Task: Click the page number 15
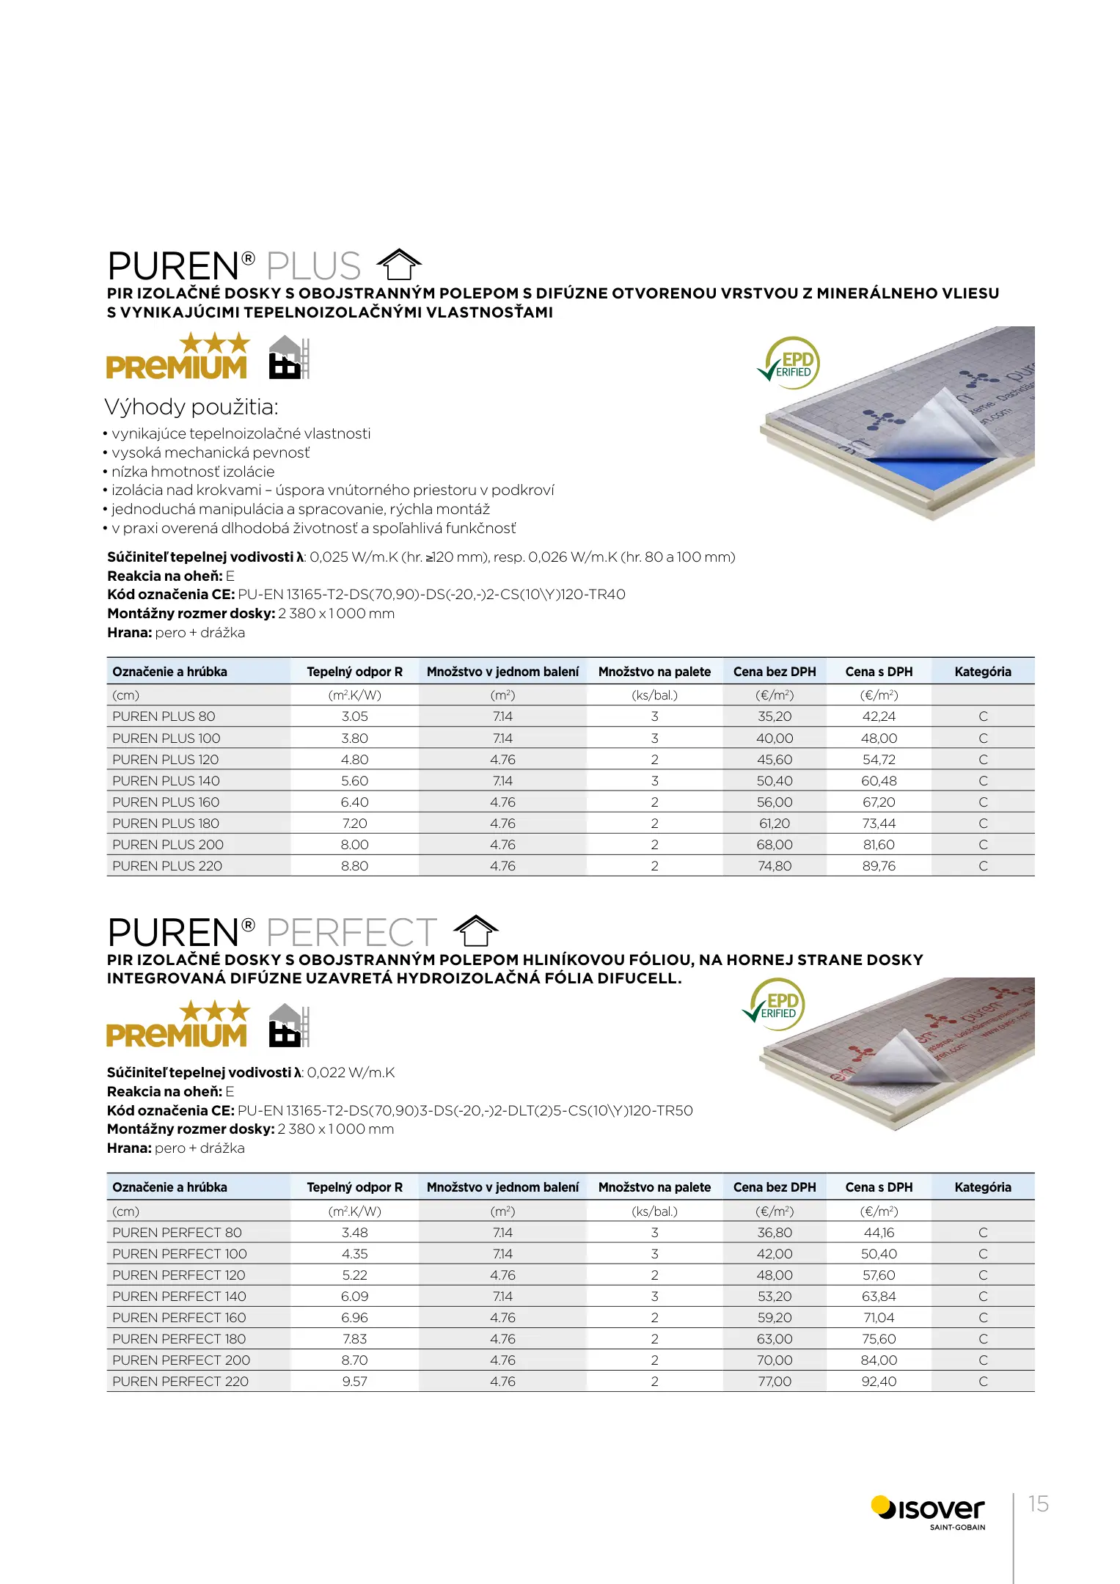click(1038, 1503)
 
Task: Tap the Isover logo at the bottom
click(929, 1511)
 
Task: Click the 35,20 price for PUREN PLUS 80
click(775, 716)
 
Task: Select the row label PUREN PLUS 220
click(167, 866)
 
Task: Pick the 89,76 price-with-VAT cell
click(879, 866)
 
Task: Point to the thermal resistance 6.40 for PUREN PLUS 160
click(354, 802)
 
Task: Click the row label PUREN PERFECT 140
click(179, 1297)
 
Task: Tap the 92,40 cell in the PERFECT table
click(879, 1382)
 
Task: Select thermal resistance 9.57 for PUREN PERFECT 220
click(354, 1382)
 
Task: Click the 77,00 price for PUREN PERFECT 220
click(775, 1382)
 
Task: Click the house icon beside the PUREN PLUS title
click(399, 265)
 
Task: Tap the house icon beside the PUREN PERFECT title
click(476, 931)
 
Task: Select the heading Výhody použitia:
click(191, 407)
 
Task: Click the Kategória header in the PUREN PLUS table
click(983, 672)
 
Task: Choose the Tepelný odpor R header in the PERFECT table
click(354, 1187)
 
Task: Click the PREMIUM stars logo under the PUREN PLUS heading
click(177, 357)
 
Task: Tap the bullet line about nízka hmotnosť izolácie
click(192, 472)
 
